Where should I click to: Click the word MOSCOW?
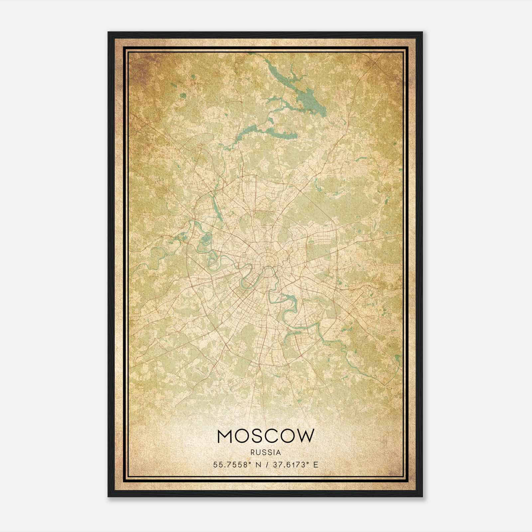(x=265, y=436)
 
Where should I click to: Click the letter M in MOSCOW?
(x=225, y=436)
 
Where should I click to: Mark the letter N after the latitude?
(x=257, y=465)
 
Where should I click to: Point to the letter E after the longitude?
(x=316, y=465)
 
